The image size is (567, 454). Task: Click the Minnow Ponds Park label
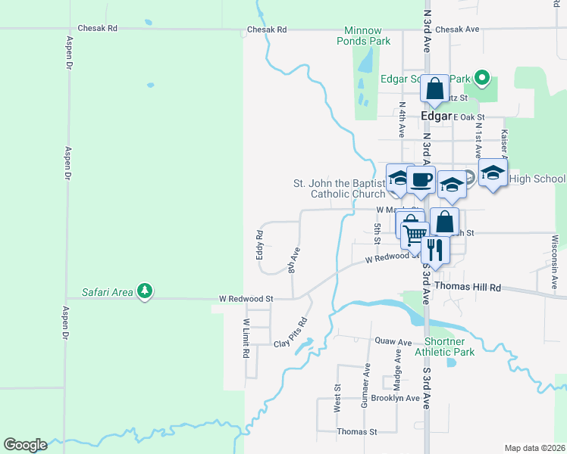click(364, 36)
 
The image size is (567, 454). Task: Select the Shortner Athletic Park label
click(444, 347)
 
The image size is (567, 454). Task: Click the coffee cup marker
click(421, 180)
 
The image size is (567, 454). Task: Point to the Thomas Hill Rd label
click(468, 288)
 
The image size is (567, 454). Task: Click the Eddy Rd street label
click(259, 247)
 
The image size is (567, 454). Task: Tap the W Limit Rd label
click(246, 338)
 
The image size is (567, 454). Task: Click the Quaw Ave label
click(393, 341)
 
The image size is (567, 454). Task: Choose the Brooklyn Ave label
click(395, 398)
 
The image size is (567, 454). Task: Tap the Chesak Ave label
click(458, 30)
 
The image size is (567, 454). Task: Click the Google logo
click(25, 445)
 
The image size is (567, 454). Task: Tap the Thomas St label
click(357, 431)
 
